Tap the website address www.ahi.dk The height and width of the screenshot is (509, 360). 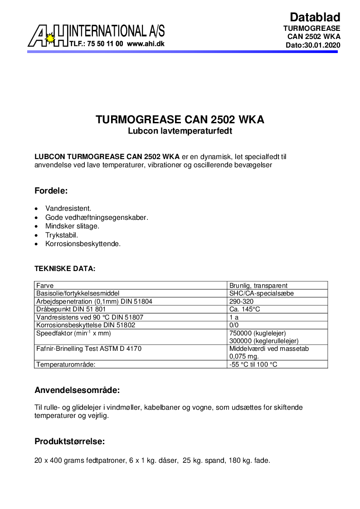click(x=146, y=44)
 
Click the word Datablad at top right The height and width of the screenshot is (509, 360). click(x=315, y=17)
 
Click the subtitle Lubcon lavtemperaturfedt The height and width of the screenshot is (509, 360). click(x=180, y=131)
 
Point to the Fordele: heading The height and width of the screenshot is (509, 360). click(x=51, y=191)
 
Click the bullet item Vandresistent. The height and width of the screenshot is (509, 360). click(x=68, y=208)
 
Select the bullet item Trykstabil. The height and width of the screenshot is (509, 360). click(x=62, y=235)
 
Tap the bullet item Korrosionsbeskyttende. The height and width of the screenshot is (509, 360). click(x=83, y=244)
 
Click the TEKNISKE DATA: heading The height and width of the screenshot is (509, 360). click(x=65, y=268)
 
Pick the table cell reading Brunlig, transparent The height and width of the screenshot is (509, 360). click(x=258, y=286)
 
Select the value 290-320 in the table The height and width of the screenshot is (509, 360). click(x=242, y=301)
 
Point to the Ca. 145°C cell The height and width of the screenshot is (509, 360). click(x=244, y=309)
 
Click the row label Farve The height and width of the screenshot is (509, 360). click(x=45, y=286)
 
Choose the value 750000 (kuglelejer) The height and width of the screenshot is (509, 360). click(x=258, y=333)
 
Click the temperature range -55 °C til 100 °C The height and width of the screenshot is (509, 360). click(x=253, y=364)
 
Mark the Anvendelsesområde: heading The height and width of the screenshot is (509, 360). click(x=77, y=390)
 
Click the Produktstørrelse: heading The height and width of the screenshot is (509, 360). click(x=70, y=441)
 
